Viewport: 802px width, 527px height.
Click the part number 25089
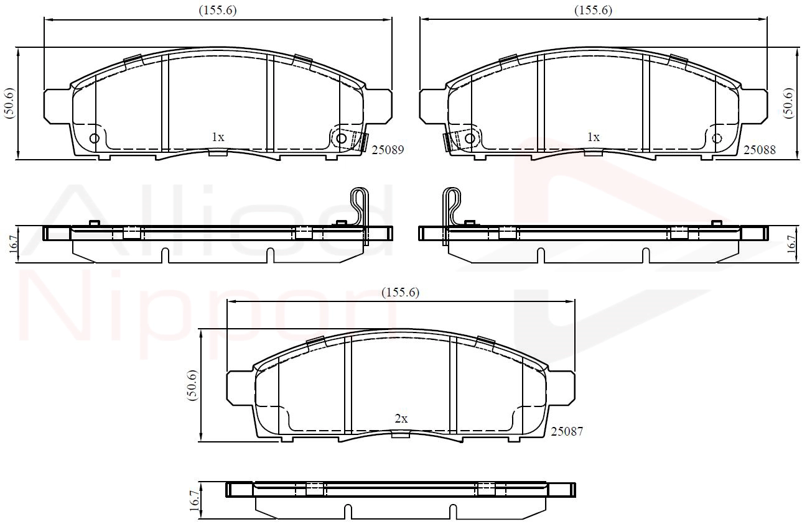(x=388, y=150)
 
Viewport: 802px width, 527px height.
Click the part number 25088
(x=760, y=150)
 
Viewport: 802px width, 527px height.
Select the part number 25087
(x=567, y=431)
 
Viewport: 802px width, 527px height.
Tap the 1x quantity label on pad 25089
(x=218, y=137)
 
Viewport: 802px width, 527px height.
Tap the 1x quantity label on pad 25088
(x=594, y=137)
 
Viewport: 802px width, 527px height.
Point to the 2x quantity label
(x=401, y=418)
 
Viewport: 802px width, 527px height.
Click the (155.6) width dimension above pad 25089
(x=218, y=11)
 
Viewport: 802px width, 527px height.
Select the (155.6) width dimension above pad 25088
(x=594, y=11)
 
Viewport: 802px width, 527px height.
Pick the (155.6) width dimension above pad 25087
(x=400, y=293)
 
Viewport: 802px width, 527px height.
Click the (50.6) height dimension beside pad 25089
(x=10, y=103)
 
